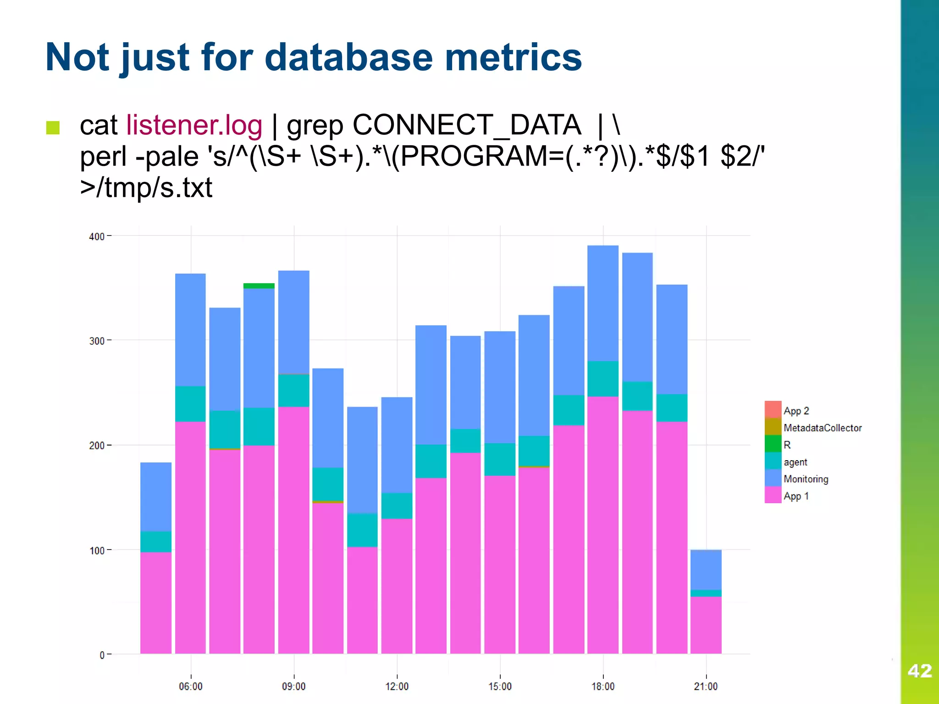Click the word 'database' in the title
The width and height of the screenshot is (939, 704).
348,57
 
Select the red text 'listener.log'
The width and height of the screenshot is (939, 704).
194,125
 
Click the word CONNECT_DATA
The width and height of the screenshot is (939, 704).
466,125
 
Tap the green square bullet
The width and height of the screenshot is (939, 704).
53,127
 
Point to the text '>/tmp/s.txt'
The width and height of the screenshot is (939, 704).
146,187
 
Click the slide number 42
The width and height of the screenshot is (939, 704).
919,671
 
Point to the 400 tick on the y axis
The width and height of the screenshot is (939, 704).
97,236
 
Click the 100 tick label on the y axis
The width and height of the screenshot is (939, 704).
97,550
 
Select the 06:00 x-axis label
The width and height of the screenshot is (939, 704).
191,686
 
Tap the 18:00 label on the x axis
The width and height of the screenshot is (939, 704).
602,686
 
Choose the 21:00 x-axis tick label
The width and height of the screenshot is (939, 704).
706,686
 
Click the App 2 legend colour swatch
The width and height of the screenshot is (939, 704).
773,410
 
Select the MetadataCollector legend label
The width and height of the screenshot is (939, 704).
823,428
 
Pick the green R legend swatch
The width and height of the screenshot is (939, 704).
773,444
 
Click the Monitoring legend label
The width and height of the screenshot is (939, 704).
806,479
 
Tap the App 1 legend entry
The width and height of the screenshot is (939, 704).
796,496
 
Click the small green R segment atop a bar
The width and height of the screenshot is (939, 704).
259,286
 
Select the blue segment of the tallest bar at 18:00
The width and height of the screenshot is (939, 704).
602,302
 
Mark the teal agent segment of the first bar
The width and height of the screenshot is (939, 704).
156,541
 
